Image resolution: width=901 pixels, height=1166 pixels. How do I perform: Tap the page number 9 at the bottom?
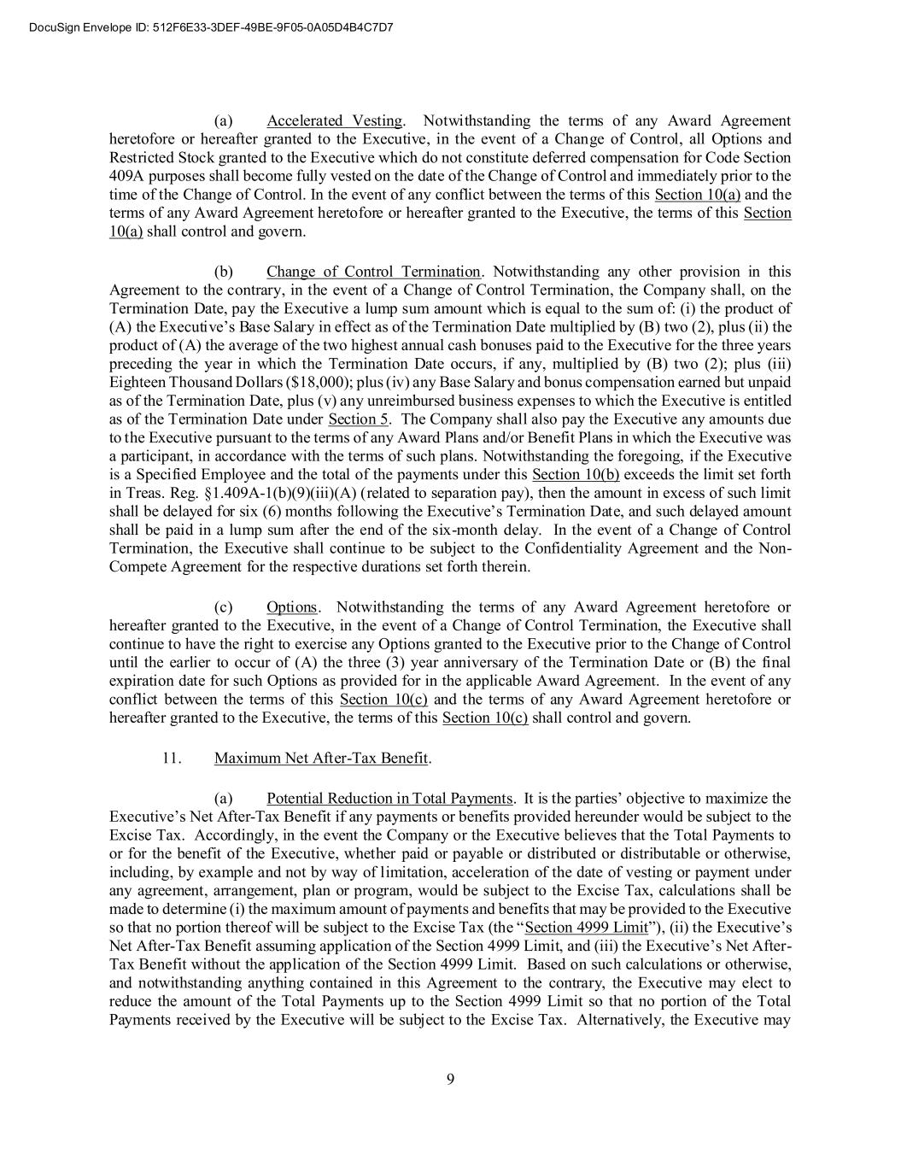point(450,1078)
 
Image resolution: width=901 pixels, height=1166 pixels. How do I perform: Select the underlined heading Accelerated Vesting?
point(334,120)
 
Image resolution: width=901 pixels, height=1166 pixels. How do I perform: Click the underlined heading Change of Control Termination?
point(373,272)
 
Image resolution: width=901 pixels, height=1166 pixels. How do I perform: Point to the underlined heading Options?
point(291,607)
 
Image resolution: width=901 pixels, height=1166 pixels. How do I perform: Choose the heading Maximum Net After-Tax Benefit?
point(321,758)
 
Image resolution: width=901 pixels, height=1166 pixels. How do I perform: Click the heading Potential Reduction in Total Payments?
point(389,799)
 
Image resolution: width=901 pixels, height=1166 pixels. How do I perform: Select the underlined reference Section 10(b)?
point(576,475)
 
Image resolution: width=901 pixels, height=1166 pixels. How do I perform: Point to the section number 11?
point(169,758)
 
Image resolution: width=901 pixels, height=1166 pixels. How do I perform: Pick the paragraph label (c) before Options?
point(223,607)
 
